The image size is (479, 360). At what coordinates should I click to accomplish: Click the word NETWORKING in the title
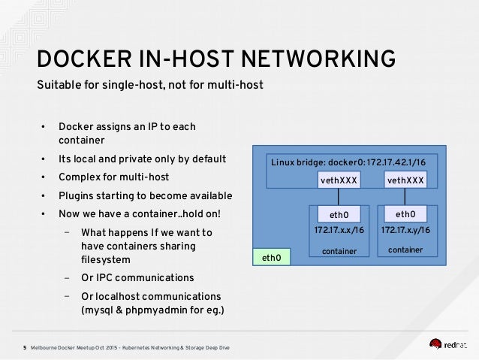coord(318,59)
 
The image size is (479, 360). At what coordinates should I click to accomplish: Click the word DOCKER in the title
coord(84,59)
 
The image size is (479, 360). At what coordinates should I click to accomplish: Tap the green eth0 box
coord(272,257)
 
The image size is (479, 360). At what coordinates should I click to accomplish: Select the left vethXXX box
coord(339,180)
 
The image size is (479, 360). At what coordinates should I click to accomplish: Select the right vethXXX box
coord(405,180)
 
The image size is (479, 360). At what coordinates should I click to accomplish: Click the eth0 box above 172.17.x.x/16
coord(339,214)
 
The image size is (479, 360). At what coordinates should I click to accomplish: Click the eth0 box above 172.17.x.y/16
coord(405,213)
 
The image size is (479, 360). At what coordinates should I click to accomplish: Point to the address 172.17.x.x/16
coord(339,230)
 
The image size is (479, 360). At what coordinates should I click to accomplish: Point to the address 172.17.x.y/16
coord(405,230)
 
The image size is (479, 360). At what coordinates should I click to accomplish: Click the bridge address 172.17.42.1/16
coord(396,162)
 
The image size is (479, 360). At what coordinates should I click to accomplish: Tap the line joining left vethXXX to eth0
coord(338,197)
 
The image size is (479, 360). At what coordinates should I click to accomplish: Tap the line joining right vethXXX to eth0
coord(405,197)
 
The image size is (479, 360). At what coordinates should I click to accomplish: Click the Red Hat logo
coord(447,344)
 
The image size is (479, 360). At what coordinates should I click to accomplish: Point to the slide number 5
coord(25,348)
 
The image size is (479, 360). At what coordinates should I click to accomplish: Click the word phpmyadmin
coord(156,310)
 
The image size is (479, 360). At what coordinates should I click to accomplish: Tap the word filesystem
coord(106,260)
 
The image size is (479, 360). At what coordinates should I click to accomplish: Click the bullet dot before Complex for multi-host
coord(43,177)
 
